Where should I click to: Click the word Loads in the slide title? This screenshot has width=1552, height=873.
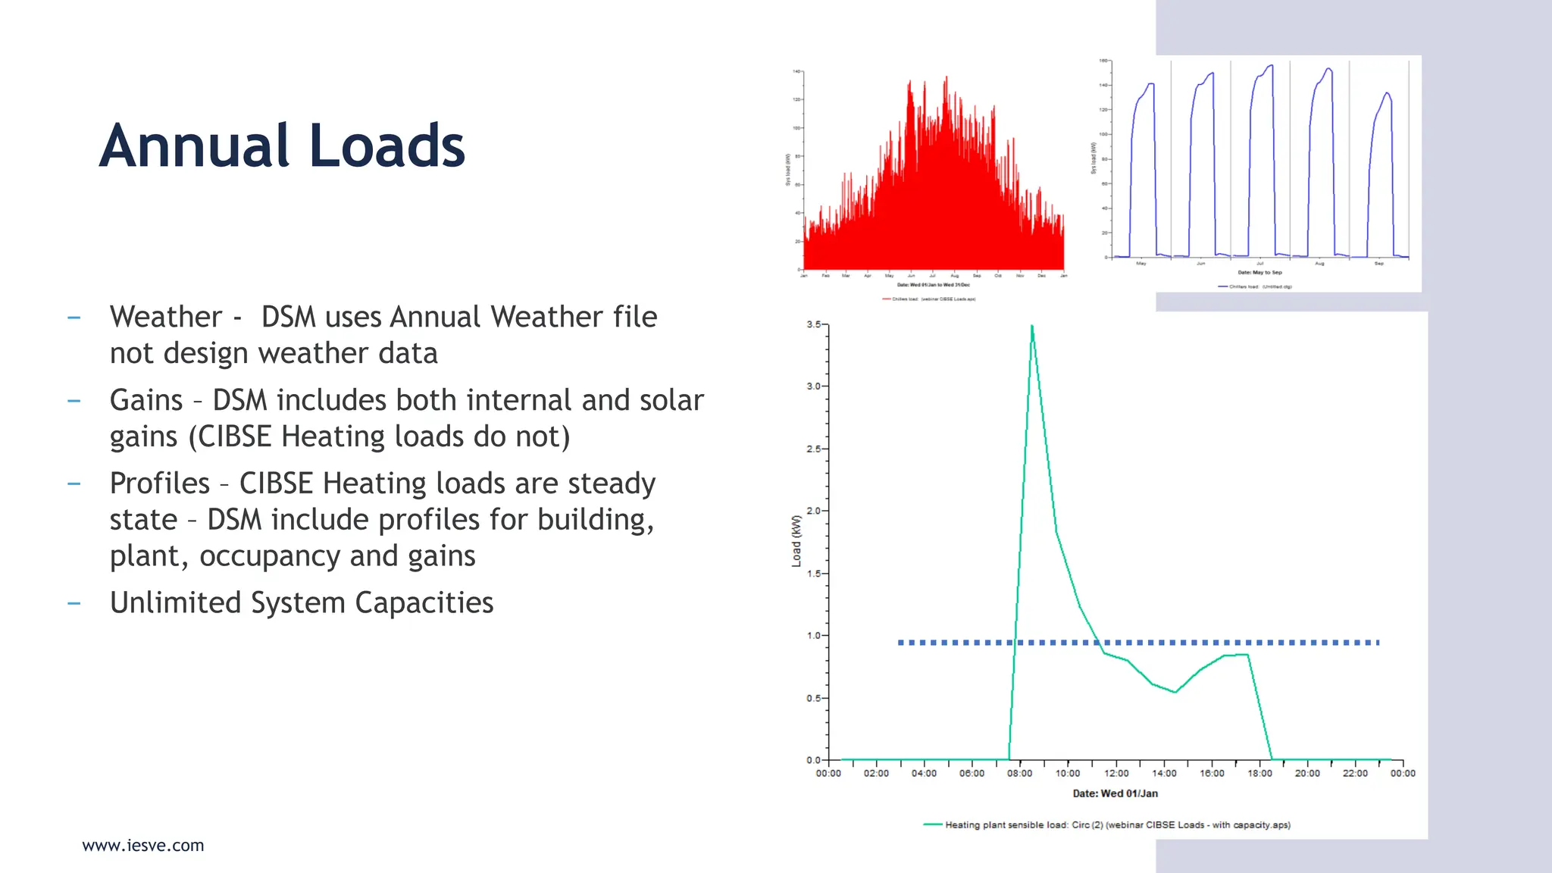(x=387, y=145)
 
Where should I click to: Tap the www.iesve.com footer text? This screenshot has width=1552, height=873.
(x=142, y=845)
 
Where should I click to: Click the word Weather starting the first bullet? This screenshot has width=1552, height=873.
(x=166, y=317)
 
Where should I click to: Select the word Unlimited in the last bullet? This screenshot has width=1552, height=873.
(x=175, y=602)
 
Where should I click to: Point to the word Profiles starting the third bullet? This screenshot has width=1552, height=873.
(x=160, y=483)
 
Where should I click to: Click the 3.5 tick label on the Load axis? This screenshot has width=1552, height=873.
(x=813, y=324)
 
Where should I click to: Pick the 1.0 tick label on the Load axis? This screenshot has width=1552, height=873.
(x=813, y=635)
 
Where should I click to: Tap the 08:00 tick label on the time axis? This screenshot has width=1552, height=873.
(x=1019, y=773)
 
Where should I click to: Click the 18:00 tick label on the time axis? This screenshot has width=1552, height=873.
(x=1259, y=773)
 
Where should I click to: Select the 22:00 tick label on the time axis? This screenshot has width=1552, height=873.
(x=1355, y=773)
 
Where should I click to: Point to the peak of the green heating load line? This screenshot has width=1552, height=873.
(x=1032, y=327)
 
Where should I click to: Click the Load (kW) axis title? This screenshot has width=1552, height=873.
(x=796, y=541)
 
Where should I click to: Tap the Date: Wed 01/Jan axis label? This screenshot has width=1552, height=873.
(x=1115, y=793)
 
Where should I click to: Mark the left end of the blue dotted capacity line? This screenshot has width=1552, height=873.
(x=900, y=643)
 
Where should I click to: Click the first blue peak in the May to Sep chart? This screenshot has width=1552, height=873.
(x=1150, y=84)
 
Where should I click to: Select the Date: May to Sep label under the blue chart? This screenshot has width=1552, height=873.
(x=1259, y=272)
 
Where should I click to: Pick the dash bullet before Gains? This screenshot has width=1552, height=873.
(x=74, y=400)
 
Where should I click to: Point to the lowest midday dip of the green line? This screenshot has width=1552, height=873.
(x=1175, y=692)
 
